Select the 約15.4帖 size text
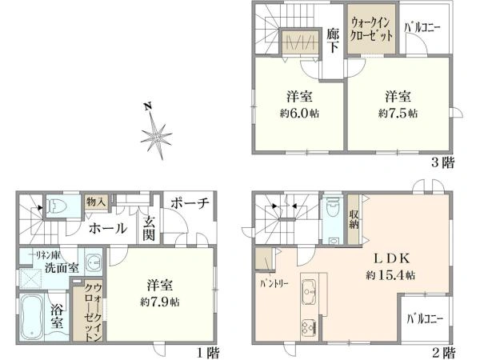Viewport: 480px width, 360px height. pos(393,275)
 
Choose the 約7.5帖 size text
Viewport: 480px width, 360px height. pos(398,114)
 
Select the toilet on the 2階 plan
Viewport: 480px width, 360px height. pos(332,210)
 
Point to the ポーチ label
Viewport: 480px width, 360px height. pos(190,204)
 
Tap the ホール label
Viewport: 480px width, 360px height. pos(106,229)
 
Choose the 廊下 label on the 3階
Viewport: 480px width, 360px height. pos(334,41)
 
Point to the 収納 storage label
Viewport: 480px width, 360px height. pos(353,218)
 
